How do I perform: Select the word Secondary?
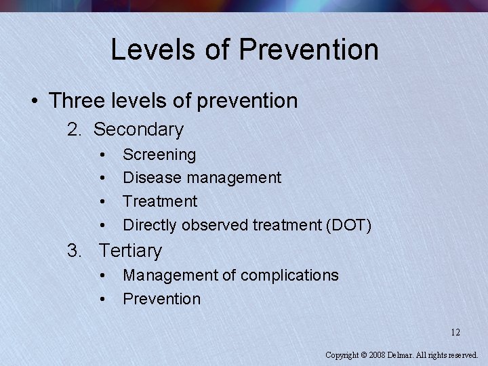[x=138, y=129]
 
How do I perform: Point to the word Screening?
[x=159, y=155]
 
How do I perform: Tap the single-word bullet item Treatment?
[x=160, y=201]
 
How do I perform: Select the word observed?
[x=214, y=225]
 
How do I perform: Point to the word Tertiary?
[x=130, y=251]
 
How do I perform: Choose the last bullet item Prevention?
[x=161, y=299]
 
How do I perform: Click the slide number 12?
[x=455, y=332]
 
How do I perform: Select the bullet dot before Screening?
[x=102, y=155]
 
